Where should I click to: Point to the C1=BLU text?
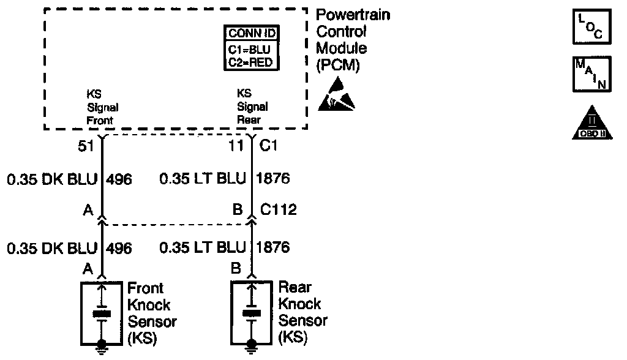coord(252,48)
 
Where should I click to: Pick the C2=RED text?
coord(252,62)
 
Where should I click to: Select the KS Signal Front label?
coord(100,107)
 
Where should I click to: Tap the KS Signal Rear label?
coord(252,107)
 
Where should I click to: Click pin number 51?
coord(86,146)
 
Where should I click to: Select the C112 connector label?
coord(279,210)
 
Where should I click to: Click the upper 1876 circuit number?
coord(273,179)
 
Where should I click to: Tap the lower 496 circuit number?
coord(119,248)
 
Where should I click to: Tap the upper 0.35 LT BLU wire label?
coord(202,179)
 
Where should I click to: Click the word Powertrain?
coord(353,15)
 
